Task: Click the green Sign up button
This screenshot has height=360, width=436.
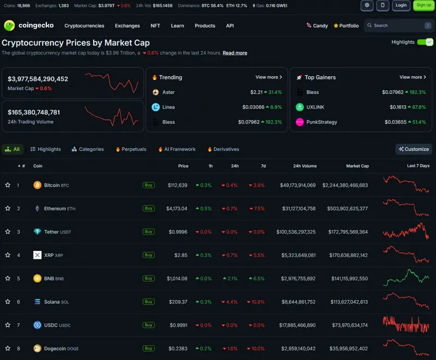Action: pos(424,5)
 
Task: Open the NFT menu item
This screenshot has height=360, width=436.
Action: pos(155,26)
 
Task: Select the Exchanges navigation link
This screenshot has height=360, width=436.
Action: pos(128,26)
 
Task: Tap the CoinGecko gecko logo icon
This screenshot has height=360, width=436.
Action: pos(9,26)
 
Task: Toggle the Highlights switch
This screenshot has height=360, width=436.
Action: pos(425,42)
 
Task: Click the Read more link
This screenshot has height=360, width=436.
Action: pos(235,53)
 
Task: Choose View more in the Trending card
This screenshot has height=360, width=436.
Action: pos(269,77)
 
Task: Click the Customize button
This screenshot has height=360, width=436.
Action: pos(414,149)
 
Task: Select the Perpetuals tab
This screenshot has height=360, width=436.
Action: pos(131,149)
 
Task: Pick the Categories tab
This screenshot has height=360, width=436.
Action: pos(88,149)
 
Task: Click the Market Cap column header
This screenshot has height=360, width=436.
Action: pos(358,166)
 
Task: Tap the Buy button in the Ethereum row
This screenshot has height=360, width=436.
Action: pos(148,209)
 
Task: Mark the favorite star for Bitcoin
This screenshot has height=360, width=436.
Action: pos(8,185)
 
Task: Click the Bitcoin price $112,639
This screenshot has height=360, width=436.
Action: pos(178,185)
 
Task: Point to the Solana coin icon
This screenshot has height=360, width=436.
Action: pos(37,302)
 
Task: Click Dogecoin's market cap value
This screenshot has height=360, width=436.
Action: pos(348,349)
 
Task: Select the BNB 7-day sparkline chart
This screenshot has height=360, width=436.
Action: pos(406,278)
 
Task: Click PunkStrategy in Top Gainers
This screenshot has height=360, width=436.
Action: pos(322,122)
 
